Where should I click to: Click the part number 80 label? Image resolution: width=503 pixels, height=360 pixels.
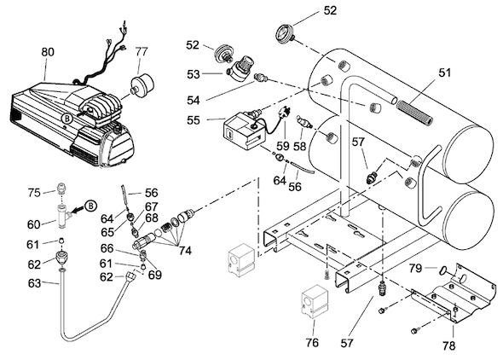(48, 52)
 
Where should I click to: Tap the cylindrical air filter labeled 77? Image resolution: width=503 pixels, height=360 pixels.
(142, 83)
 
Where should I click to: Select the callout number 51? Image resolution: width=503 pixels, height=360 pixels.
(445, 73)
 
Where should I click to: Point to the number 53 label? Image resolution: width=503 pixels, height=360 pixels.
(194, 74)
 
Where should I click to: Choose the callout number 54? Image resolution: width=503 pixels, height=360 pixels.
(194, 101)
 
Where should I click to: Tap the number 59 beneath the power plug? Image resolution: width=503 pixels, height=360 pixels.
(282, 146)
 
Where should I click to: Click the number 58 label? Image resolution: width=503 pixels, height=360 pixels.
(299, 146)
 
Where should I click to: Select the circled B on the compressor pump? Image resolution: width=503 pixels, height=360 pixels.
(67, 119)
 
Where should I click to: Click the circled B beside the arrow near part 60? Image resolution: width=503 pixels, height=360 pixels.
(90, 206)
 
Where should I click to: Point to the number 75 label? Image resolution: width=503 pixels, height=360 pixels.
(34, 193)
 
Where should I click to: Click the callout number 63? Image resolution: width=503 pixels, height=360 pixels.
(34, 283)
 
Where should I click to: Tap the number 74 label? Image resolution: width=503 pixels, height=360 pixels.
(185, 251)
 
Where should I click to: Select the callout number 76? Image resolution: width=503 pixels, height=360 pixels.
(312, 343)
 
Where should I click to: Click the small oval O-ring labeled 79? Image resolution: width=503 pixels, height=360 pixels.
(442, 270)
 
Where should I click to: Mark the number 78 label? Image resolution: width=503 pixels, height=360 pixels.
(448, 345)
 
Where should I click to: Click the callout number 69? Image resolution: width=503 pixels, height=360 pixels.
(154, 275)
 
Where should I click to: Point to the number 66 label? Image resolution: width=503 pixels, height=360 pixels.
(107, 248)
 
